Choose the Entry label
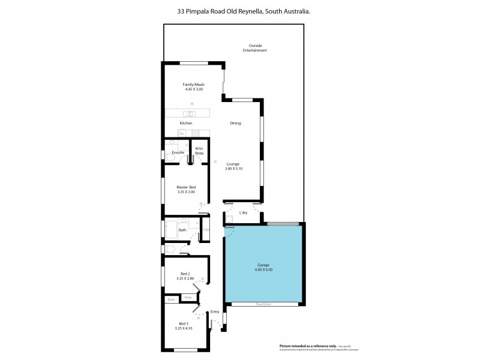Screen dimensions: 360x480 coord(215,312)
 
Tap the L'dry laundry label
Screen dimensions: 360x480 coord(244,213)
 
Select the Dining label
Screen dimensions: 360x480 coord(236,123)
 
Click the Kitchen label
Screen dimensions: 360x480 coord(186,123)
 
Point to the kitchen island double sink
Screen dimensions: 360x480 coord(190,113)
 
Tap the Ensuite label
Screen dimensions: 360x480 coord(178,152)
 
